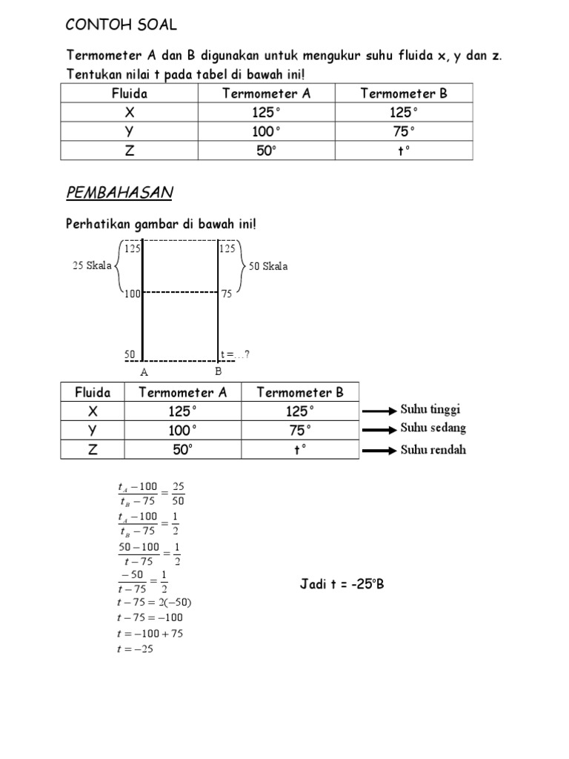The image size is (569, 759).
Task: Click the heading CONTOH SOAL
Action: (122, 25)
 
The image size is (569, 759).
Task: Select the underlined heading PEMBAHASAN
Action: (119, 193)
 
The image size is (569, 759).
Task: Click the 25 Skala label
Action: (90, 266)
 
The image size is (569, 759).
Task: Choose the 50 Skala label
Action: (269, 266)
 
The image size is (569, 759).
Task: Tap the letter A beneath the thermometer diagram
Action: (144, 372)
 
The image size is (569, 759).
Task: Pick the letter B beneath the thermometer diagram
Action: (218, 371)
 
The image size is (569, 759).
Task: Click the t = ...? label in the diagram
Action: (235, 354)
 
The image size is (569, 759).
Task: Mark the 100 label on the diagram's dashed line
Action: (133, 294)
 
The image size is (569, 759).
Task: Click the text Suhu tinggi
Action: (433, 410)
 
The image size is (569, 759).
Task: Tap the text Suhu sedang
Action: (433, 428)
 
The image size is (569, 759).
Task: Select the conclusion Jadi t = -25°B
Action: (342, 584)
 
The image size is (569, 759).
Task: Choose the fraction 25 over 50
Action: (178, 493)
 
